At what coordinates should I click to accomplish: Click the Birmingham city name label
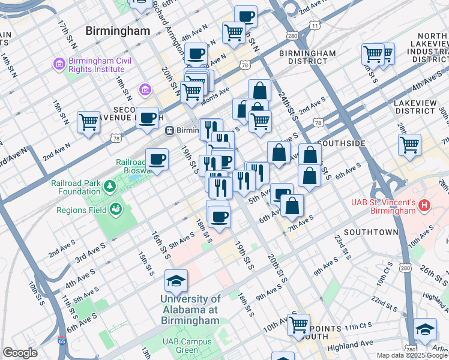coord(118,31)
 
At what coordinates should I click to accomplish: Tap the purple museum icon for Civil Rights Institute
coord(59,63)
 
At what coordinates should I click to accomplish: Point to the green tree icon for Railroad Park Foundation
coord(109,187)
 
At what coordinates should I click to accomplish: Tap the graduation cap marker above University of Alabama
coord(176,280)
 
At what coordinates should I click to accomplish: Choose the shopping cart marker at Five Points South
coord(298,325)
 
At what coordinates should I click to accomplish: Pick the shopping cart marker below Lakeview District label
coord(409,144)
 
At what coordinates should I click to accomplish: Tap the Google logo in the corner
coord(20,352)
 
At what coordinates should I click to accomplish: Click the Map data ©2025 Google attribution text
coord(411,355)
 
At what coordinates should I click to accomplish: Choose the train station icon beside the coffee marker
coord(170,129)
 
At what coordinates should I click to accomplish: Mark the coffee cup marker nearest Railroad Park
coord(157,160)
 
